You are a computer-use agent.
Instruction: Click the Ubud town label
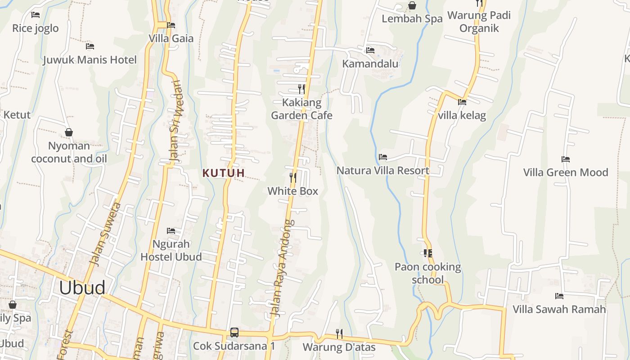coord(82,288)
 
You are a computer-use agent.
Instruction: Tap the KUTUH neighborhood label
coord(224,173)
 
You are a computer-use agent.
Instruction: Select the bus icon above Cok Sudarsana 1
coord(234,333)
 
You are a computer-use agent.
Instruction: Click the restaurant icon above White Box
coord(293,177)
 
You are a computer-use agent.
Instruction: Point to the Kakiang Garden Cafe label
coord(301,109)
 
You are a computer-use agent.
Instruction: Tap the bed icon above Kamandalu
coord(370,50)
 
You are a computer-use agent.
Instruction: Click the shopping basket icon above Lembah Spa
coord(412,5)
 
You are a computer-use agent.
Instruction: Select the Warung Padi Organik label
coord(479,22)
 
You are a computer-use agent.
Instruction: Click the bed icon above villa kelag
coord(462,102)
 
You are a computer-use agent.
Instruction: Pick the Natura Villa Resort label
coord(383,171)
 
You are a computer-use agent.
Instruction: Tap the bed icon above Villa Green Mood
coord(566,159)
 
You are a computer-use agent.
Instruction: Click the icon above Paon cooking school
coord(427,253)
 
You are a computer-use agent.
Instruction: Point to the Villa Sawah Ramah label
coord(559,309)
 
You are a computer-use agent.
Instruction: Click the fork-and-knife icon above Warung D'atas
coord(339,333)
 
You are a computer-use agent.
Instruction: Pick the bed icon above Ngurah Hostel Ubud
coord(171,231)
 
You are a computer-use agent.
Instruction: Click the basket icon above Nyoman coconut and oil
coord(69,132)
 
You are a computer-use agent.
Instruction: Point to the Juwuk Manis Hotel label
coord(90,60)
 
